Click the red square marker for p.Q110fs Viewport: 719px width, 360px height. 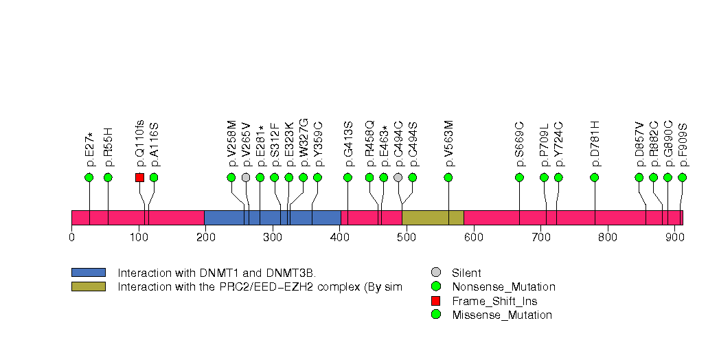(x=139, y=177)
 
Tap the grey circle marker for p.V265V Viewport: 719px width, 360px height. (x=246, y=177)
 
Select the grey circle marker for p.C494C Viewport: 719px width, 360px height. (x=398, y=177)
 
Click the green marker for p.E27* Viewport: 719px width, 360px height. (x=89, y=177)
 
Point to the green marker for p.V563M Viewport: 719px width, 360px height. (x=448, y=177)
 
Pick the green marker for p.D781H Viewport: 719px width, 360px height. (x=594, y=177)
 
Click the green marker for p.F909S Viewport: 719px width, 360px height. (x=682, y=177)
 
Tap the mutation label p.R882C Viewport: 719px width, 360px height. (x=654, y=144)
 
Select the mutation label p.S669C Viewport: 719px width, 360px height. (x=520, y=144)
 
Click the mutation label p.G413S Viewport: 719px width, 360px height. (x=348, y=144)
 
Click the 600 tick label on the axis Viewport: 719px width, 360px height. (x=473, y=238)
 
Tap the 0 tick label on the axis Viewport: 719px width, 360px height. (x=71, y=238)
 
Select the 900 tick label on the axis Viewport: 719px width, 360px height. (x=674, y=238)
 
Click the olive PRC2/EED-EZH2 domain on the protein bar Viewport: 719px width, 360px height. (x=433, y=218)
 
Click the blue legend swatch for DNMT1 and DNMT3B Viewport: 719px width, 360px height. (x=88, y=273)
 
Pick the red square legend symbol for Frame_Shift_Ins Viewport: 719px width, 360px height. (x=435, y=301)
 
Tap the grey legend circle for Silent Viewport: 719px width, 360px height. (x=435, y=273)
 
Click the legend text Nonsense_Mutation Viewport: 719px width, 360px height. (x=503, y=286)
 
